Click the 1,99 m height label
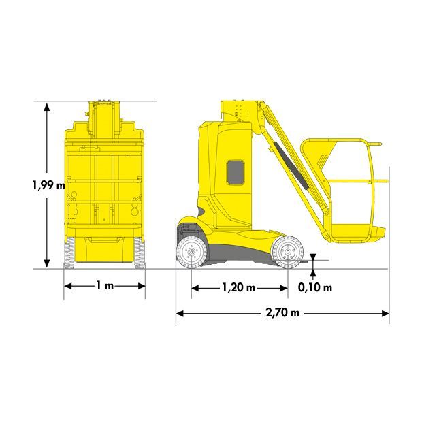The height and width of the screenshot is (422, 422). click(x=49, y=185)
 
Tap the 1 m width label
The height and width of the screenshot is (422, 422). click(x=105, y=285)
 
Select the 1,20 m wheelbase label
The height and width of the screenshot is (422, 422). click(x=239, y=288)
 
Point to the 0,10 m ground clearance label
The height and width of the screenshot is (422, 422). click(x=315, y=287)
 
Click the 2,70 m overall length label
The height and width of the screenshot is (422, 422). click(x=282, y=313)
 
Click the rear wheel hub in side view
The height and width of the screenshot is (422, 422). click(x=191, y=252)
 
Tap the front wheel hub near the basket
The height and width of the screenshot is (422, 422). click(x=287, y=252)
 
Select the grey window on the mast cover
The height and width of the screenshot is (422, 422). click(x=236, y=172)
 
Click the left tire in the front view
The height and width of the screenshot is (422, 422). click(x=69, y=253)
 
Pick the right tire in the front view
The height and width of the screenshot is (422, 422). click(x=140, y=253)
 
